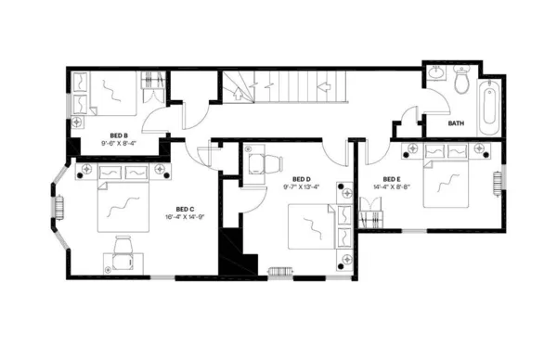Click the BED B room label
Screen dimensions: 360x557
pyautogui.click(x=118, y=135)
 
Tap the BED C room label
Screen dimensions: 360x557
pyautogui.click(x=185, y=209)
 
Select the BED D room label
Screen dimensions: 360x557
pyautogui.click(x=300, y=179)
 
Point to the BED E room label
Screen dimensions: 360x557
pyautogui.click(x=391, y=179)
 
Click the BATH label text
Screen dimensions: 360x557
pyautogui.click(x=456, y=123)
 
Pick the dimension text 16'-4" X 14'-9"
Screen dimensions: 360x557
pyautogui.click(x=185, y=217)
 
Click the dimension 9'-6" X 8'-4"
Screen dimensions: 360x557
pyautogui.click(x=118, y=143)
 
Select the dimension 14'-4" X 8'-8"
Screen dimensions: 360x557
pyautogui.click(x=391, y=187)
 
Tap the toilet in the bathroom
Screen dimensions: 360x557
pyautogui.click(x=460, y=82)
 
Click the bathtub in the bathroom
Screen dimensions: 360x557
pyautogui.click(x=489, y=108)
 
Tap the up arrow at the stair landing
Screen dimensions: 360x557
pyautogui.click(x=327, y=84)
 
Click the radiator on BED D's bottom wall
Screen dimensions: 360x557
pyautogui.click(x=279, y=272)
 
